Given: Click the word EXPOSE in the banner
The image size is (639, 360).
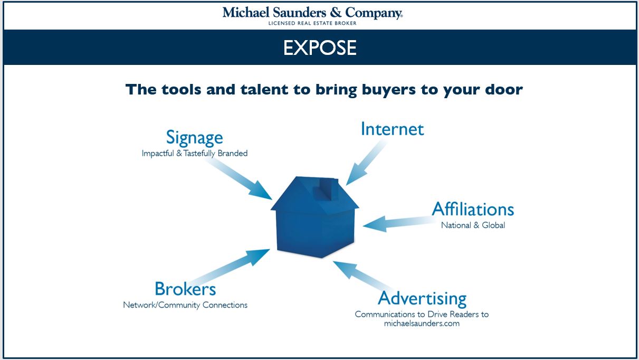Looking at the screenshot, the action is [320, 48].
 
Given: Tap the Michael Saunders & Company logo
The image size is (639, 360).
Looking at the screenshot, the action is [313, 13].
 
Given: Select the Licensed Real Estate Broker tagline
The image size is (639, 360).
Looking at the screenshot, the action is [313, 23].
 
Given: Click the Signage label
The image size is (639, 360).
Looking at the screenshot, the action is [194, 138].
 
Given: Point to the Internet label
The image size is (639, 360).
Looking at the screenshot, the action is [392, 129].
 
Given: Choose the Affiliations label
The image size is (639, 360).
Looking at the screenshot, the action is [473, 209].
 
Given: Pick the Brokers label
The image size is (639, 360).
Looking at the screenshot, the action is [185, 289].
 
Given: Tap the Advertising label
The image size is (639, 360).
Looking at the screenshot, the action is [422, 299].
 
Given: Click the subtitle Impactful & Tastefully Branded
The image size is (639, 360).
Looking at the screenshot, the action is [195, 154].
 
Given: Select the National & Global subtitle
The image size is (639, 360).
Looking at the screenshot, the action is [473, 225].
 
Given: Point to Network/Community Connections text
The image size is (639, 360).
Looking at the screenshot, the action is [185, 305].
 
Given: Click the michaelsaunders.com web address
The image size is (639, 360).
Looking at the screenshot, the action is [422, 324].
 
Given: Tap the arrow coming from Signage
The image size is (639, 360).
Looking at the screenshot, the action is [238, 178].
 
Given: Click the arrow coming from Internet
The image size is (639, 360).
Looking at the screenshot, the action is [367, 162].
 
